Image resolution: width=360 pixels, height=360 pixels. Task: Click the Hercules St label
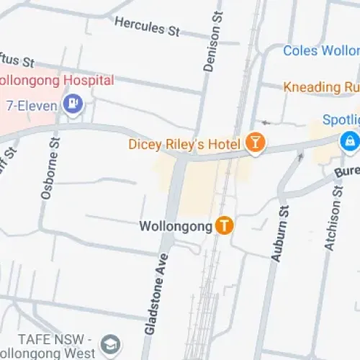pyautogui.click(x=147, y=26)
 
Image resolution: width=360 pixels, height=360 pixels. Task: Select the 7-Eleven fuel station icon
pyautogui.click(x=73, y=105)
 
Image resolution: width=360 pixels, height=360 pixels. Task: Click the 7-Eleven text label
pyautogui.click(x=31, y=105)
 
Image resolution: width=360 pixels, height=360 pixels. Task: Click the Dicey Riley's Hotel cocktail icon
pyautogui.click(x=254, y=143)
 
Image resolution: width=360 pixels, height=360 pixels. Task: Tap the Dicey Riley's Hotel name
pyautogui.click(x=184, y=144)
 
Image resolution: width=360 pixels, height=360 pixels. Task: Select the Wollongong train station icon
pyautogui.click(x=225, y=225)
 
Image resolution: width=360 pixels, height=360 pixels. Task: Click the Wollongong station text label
pyautogui.click(x=176, y=226)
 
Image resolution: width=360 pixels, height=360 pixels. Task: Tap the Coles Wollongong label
pyautogui.click(x=320, y=50)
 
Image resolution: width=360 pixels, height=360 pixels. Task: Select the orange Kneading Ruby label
pyautogui.click(x=320, y=87)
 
